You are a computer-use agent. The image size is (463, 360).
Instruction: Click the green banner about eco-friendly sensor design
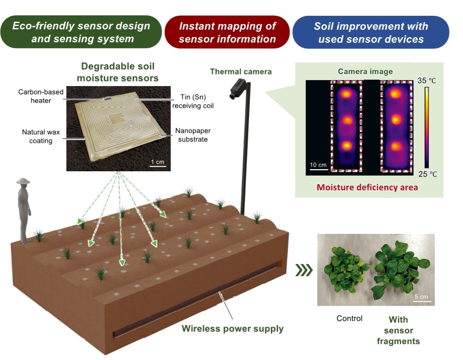81,32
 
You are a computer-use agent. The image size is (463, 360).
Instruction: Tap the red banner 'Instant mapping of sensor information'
227,32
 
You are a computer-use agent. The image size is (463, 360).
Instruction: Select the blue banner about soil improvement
371,32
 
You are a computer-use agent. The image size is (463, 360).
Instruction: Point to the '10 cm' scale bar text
318,165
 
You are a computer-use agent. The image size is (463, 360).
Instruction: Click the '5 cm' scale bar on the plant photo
421,297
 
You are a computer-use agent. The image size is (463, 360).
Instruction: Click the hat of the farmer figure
23,181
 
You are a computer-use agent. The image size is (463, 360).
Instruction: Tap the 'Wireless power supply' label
233,328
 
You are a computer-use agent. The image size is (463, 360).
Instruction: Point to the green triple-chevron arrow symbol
304,270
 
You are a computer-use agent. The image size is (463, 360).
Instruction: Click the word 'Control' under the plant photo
349,318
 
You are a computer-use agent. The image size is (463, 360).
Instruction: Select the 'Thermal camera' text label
241,72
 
